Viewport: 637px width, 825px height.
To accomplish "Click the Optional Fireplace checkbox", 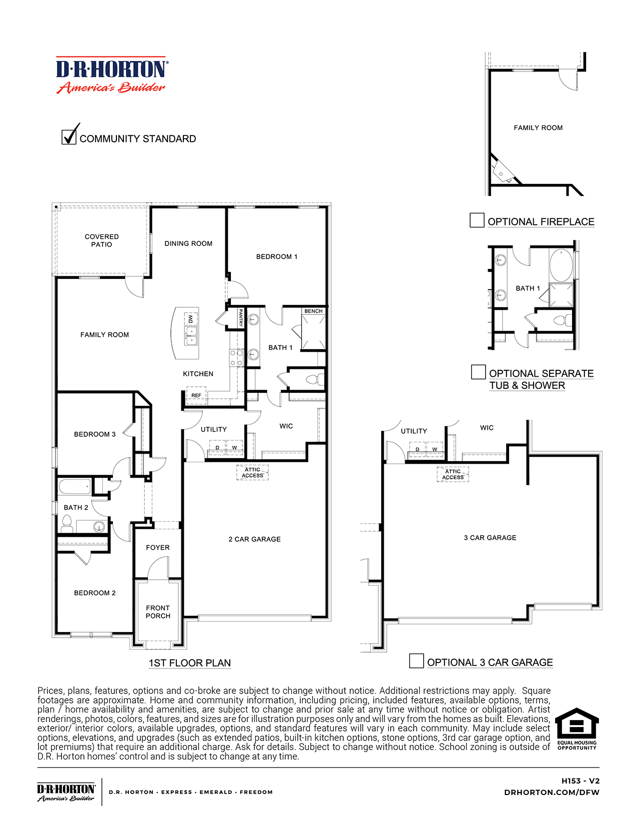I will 477,220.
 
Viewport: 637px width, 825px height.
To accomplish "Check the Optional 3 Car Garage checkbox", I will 416,661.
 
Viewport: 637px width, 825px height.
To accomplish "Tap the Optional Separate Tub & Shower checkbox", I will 479,372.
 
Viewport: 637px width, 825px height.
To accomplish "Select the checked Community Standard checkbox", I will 68,137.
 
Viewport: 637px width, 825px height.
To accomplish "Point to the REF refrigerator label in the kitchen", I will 196,395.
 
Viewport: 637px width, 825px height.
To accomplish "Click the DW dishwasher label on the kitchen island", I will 190,318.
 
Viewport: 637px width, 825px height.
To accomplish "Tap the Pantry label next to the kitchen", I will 241,318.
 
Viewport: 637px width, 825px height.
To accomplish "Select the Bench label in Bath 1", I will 314,311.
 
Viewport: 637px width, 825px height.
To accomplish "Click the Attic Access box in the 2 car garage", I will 252,473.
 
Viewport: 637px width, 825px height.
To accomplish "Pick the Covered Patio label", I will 102,240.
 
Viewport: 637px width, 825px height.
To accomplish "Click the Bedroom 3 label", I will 95,434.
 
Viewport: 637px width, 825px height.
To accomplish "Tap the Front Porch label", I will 158,612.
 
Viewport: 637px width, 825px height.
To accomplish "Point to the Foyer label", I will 158,548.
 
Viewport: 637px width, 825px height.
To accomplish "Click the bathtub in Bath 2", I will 75,486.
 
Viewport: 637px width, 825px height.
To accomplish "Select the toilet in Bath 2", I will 67,523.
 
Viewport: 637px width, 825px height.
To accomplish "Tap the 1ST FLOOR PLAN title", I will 190,663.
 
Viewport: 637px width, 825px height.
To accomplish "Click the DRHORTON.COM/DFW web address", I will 552,792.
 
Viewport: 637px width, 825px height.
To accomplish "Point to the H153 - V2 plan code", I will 580,781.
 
